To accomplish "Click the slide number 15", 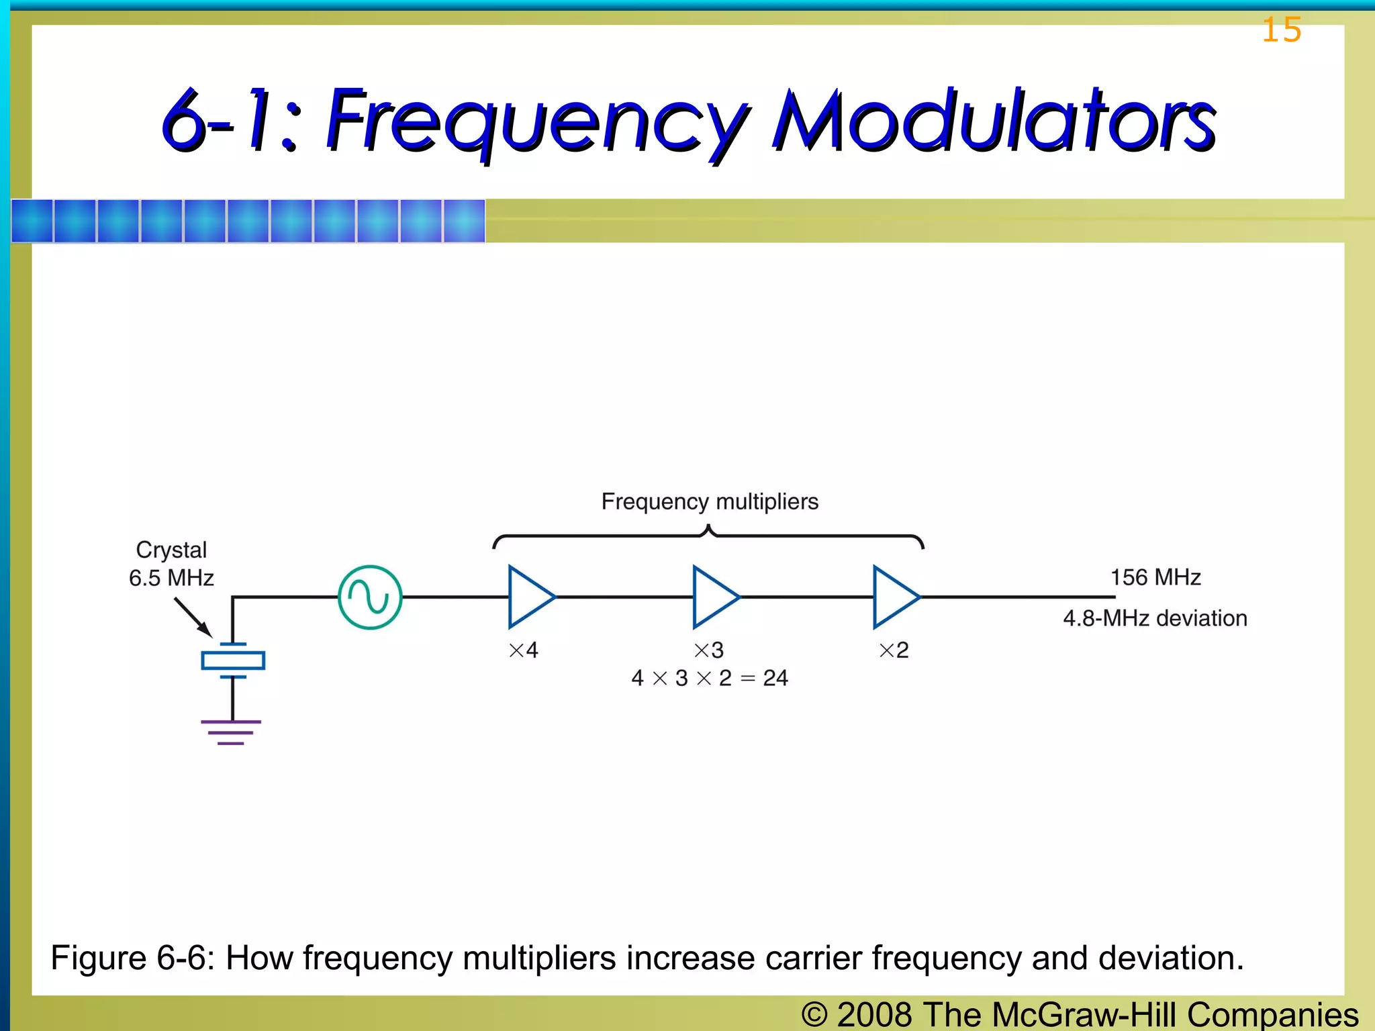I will [x=1281, y=31].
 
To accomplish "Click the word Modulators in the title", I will [x=994, y=121].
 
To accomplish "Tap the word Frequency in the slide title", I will [x=537, y=121].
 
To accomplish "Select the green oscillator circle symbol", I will [x=370, y=597].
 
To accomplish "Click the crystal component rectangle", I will [x=233, y=660].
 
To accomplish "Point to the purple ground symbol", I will [x=231, y=732].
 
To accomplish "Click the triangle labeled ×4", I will [x=529, y=597].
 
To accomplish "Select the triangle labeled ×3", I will [x=713, y=597].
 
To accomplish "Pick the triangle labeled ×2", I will [x=894, y=597].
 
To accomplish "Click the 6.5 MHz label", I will [x=171, y=578].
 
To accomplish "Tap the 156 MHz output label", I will [x=1155, y=577].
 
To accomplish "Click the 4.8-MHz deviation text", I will [x=1155, y=618].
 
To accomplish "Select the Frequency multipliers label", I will [x=710, y=501].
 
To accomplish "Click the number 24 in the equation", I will [x=775, y=678].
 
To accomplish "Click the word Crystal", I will [x=171, y=550].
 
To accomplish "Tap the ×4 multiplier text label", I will [x=524, y=650].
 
